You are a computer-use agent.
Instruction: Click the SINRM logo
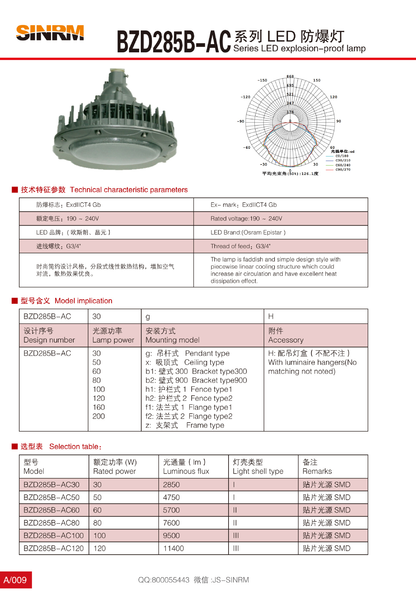tap(50, 33)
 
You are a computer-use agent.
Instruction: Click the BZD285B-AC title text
tap(174, 42)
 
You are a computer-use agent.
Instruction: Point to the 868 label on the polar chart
tap(290, 77)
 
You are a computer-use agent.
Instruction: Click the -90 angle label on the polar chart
tap(241, 121)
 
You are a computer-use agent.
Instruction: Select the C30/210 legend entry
tap(342, 160)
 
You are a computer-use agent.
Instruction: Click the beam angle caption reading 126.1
tap(290, 174)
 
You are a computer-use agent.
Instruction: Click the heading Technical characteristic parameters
tap(129, 190)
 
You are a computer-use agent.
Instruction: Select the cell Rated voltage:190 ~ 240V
tap(246, 219)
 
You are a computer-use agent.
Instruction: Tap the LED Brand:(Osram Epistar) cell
tap(248, 233)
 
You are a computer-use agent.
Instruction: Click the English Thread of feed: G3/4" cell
tap(241, 246)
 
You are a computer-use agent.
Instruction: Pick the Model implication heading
tap(83, 301)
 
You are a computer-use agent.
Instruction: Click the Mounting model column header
tap(172, 340)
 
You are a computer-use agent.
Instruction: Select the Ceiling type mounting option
tap(204, 362)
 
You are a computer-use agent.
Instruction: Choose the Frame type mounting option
tap(205, 425)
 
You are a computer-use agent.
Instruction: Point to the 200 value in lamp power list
tap(98, 416)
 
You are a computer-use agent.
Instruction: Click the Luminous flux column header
tap(186, 471)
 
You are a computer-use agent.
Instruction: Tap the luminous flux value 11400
tap(173, 549)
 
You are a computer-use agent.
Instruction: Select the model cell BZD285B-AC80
tap(51, 523)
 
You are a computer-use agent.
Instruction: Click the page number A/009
tap(15, 580)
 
